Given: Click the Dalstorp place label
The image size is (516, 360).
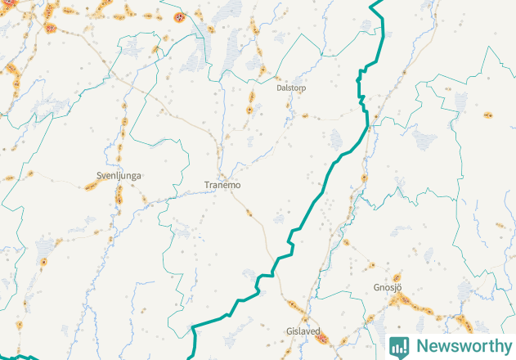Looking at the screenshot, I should (x=291, y=87).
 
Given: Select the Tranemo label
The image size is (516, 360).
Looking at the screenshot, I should (x=222, y=186).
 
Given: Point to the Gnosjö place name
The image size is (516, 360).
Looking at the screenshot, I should (x=388, y=288).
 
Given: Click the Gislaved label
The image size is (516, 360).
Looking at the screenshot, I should (x=303, y=331).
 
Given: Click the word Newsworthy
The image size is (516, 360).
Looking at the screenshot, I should (x=462, y=346).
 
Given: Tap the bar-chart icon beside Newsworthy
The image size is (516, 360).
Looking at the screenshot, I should (x=399, y=346).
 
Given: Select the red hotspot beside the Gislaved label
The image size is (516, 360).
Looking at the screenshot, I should (x=322, y=336).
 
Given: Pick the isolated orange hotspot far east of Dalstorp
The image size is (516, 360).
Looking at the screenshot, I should (x=488, y=115).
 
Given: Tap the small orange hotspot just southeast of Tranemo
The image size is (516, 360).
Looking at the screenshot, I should (x=249, y=213).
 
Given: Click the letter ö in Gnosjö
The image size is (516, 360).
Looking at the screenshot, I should (x=399, y=288).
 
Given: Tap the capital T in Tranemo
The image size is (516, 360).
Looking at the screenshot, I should (x=207, y=186).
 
